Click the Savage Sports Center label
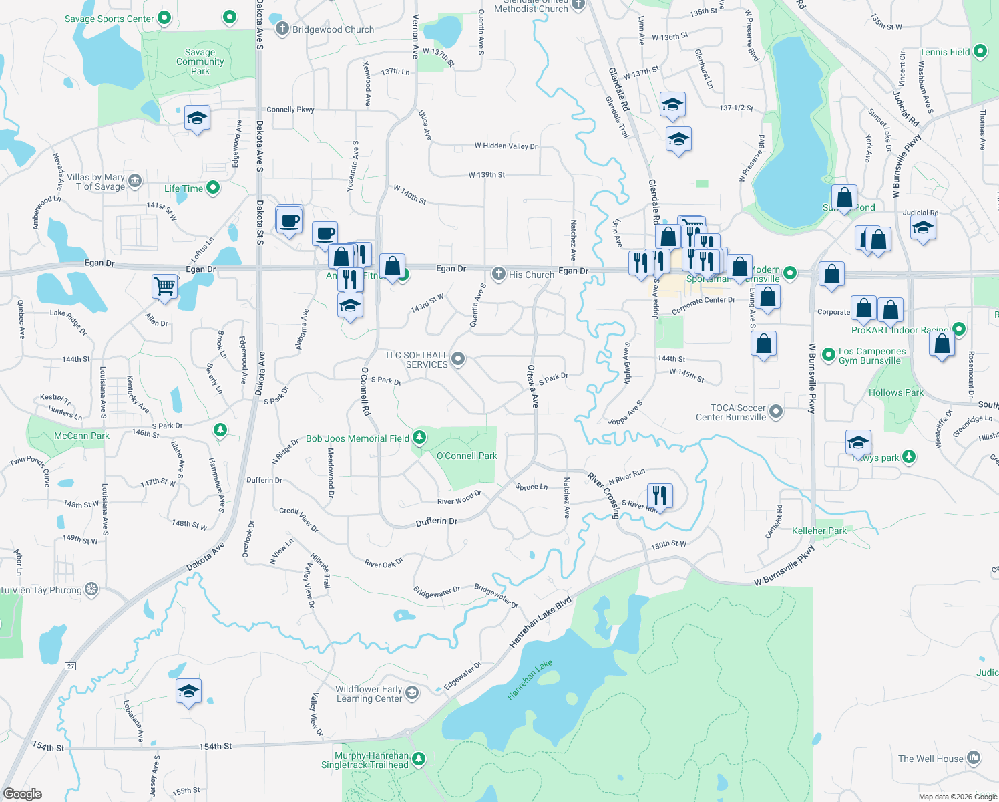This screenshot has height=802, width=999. (x=109, y=19)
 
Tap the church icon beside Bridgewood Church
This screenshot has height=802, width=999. (x=282, y=29)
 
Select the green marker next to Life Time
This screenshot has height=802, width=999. (x=213, y=188)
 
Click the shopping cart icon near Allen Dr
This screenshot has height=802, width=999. (x=164, y=286)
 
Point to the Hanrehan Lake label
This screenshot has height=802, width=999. (x=530, y=680)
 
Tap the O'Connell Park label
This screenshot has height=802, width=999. (x=467, y=456)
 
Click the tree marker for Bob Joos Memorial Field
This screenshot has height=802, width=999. (x=419, y=438)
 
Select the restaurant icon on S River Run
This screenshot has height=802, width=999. (x=659, y=495)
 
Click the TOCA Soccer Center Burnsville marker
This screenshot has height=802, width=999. (x=776, y=412)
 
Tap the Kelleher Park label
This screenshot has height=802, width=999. (x=819, y=531)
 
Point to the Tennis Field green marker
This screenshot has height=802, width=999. (x=980, y=51)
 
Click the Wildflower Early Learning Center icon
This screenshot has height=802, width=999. (x=412, y=692)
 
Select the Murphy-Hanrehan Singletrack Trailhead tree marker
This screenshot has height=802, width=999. (x=419, y=759)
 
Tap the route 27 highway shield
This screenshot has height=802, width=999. (x=71, y=666)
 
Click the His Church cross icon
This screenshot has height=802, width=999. (x=498, y=274)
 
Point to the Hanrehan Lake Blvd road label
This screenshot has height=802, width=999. (x=540, y=622)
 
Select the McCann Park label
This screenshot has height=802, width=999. (x=81, y=436)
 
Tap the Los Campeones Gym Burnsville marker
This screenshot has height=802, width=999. (x=829, y=355)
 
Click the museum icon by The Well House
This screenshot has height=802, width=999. (x=974, y=758)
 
